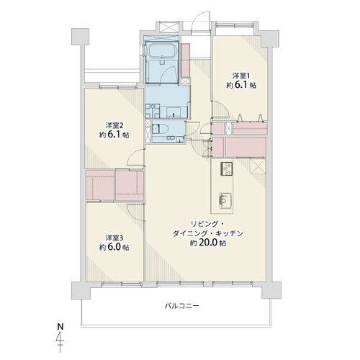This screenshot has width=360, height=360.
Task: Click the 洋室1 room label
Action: (241, 76)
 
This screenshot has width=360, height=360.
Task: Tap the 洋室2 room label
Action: (114, 125)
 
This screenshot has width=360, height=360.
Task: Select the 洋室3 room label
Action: (114, 238)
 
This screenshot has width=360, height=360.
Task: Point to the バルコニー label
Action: (182, 306)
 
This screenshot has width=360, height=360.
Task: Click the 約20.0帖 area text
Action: (208, 243)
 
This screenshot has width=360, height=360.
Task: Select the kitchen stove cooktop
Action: (226, 168)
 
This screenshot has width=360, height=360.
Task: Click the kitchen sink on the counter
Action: (225, 201)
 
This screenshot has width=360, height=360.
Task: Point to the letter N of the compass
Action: (60, 327)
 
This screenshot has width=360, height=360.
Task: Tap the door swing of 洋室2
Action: (135, 157)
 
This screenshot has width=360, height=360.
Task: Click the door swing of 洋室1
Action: (221, 109)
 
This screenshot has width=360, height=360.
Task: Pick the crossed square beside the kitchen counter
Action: (258, 166)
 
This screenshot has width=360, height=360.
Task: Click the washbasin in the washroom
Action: (174, 112)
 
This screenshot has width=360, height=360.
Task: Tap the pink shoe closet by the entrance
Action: (186, 60)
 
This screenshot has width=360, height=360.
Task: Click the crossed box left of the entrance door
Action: (169, 27)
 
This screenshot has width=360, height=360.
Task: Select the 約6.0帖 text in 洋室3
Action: (114, 247)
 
